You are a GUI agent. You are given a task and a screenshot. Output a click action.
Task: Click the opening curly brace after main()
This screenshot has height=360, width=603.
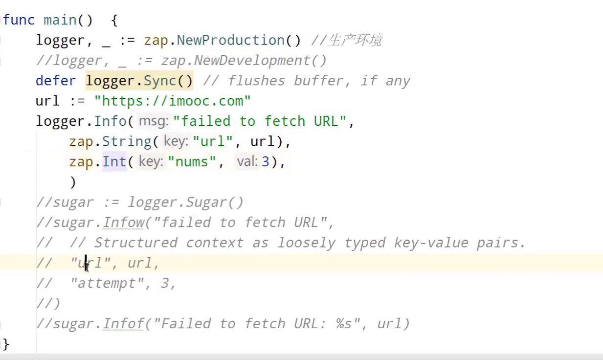click(114, 21)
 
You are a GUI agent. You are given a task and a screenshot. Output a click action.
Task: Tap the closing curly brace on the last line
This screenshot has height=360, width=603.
click(6, 344)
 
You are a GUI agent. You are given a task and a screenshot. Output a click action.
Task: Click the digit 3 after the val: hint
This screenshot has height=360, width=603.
click(266, 162)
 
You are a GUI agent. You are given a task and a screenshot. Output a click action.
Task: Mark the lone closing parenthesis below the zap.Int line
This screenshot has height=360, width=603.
click(73, 182)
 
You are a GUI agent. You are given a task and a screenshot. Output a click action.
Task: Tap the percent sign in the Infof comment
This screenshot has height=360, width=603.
click(340, 324)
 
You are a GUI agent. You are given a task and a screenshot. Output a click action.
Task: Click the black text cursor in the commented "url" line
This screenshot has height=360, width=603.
click(86, 263)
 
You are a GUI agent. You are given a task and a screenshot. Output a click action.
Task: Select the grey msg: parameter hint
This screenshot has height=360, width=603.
click(154, 121)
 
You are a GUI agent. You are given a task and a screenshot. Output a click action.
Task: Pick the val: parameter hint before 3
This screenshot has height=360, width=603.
click(247, 161)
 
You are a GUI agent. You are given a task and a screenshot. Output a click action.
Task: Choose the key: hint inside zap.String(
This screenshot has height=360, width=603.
click(176, 141)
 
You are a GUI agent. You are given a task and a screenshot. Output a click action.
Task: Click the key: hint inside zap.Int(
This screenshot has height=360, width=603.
click(151, 161)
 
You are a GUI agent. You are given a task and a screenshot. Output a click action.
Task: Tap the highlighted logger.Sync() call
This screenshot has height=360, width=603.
click(139, 81)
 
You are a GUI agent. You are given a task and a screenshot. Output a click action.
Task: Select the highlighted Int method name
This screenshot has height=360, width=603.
click(114, 162)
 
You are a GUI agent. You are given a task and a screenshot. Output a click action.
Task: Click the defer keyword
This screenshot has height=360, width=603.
click(56, 81)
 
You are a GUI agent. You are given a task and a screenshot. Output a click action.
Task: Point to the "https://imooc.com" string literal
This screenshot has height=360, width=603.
click(173, 101)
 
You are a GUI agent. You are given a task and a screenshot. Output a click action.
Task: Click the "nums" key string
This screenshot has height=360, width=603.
click(192, 162)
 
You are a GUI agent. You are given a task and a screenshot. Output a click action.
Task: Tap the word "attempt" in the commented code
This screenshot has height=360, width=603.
click(108, 284)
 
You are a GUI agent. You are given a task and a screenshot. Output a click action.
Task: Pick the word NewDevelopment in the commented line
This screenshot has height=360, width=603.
click(252, 61)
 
